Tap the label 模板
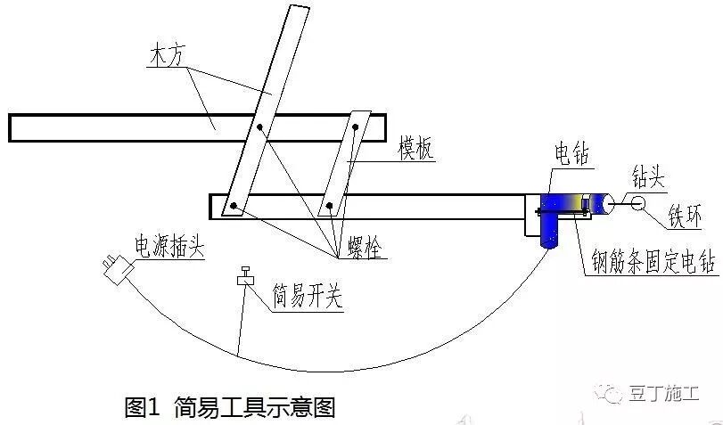tap(415, 149)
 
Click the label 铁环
tap(687, 216)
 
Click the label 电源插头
tap(168, 246)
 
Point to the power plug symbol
tap(115, 267)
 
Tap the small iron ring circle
tap(637, 203)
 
